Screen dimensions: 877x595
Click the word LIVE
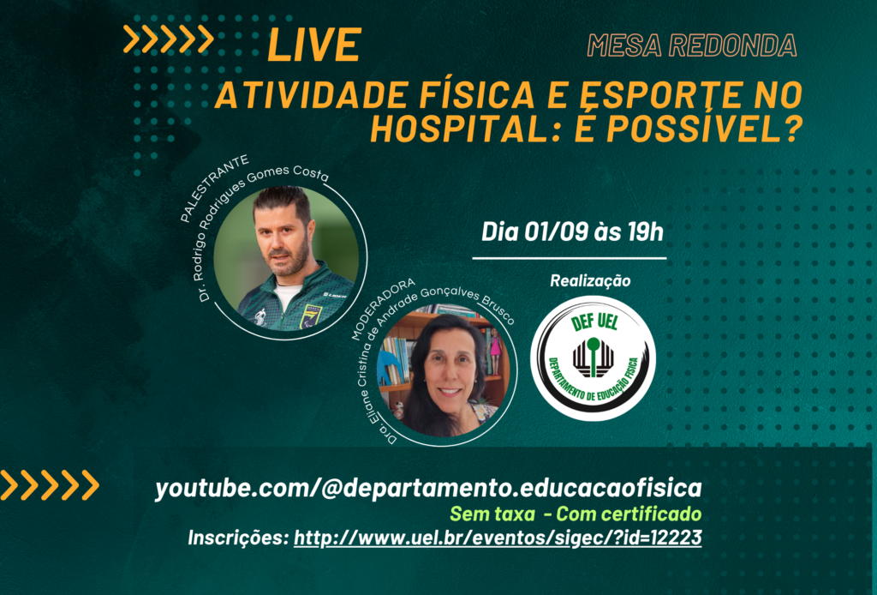pos(314,45)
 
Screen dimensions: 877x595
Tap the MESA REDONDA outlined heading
pos(692,45)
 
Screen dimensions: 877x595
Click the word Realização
pos(590,280)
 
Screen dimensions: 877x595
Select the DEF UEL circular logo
pos(593,358)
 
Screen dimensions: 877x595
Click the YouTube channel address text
pos(428,488)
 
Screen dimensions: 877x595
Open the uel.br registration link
pos(498,538)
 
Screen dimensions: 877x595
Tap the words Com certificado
pos(629,514)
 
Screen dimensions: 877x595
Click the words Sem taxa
pos(492,514)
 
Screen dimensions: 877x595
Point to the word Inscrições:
pos(238,538)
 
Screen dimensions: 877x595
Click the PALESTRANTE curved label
pos(214,188)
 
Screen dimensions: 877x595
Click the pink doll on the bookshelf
pos(494,351)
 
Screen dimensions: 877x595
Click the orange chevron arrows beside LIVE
pos(169,39)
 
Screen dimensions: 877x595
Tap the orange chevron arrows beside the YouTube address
pos(49,484)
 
